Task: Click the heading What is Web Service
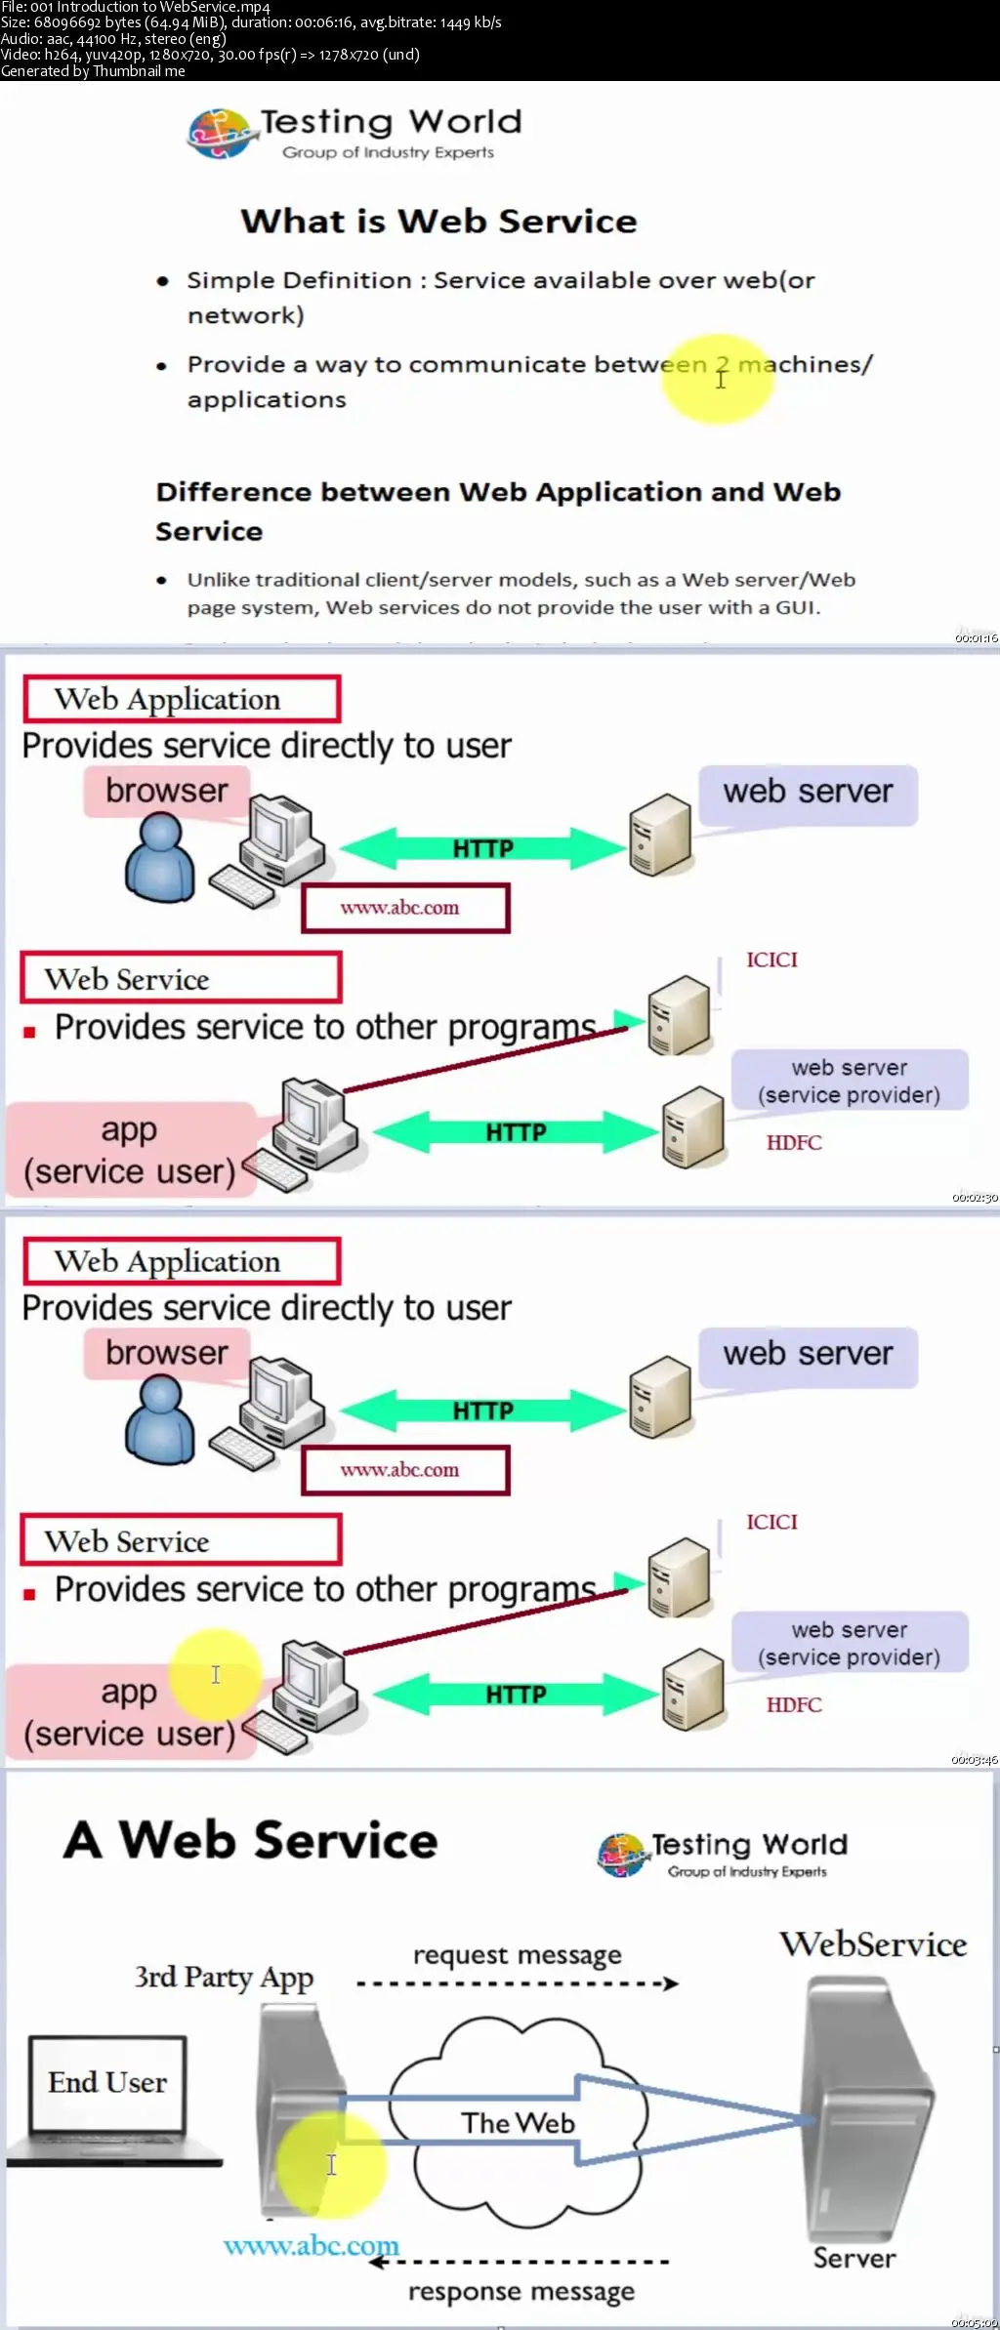(x=438, y=222)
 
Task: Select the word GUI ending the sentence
(x=795, y=607)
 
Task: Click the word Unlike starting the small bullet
(x=219, y=580)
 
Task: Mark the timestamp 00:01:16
(x=976, y=638)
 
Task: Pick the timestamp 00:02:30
(x=975, y=1198)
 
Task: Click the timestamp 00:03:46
(x=975, y=1760)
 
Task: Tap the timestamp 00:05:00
(x=975, y=2323)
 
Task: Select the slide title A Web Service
(x=251, y=1841)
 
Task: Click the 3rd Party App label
(x=224, y=1978)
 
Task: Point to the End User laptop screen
(x=107, y=2083)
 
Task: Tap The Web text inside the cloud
(x=518, y=2123)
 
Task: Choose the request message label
(x=517, y=1955)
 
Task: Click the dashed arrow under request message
(x=517, y=1983)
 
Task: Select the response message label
(x=521, y=2291)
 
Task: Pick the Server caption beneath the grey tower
(x=854, y=2258)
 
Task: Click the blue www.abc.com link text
(x=311, y=2246)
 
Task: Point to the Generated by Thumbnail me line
(x=93, y=71)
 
